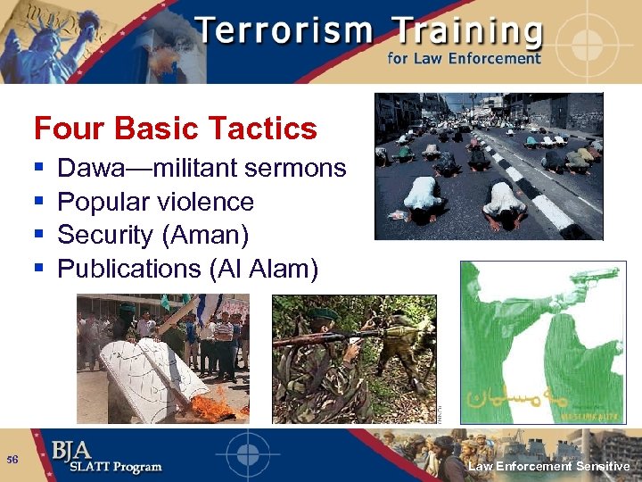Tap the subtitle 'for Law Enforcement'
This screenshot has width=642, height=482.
pos(464,59)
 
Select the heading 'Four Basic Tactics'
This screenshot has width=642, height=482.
pos(175,129)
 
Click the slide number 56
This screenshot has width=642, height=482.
pos(12,459)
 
